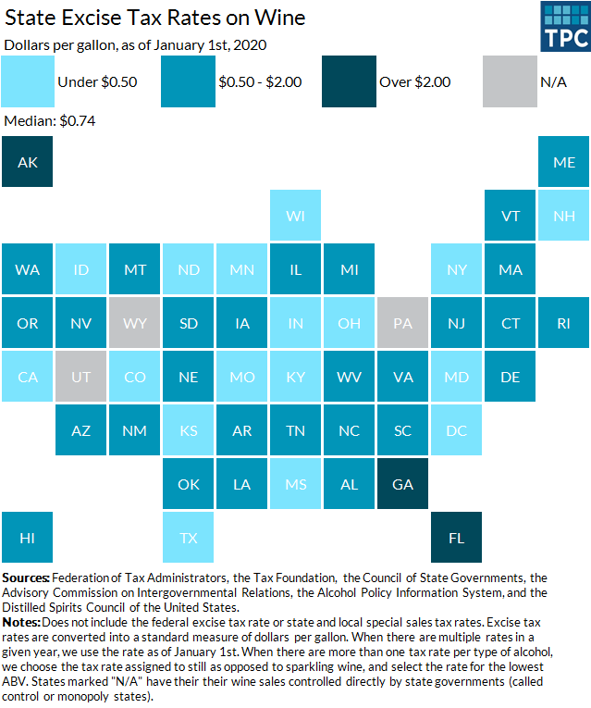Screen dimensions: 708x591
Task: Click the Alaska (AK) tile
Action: tap(27, 162)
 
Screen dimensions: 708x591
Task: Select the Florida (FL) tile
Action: tap(457, 537)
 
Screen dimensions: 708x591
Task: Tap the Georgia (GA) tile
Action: tap(403, 483)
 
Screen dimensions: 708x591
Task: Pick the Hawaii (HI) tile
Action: tap(27, 537)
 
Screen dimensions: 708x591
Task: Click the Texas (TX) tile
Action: tap(188, 537)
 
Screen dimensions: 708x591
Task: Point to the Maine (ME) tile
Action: tap(564, 162)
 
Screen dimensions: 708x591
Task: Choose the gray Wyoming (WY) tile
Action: tap(134, 323)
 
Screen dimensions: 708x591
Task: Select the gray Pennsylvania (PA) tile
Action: tap(403, 323)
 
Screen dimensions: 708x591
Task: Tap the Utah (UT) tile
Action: tap(80, 377)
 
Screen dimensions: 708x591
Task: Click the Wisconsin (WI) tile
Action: tap(295, 216)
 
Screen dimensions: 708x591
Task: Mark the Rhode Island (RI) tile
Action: tap(564, 323)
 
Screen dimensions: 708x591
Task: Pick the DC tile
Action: tap(457, 430)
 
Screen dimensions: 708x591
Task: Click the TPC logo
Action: tap(564, 27)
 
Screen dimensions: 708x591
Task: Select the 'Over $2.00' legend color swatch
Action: tap(350, 81)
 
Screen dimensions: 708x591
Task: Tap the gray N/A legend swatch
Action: tap(510, 81)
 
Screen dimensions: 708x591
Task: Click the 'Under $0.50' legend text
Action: tap(97, 81)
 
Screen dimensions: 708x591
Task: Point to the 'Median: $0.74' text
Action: tap(51, 121)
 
